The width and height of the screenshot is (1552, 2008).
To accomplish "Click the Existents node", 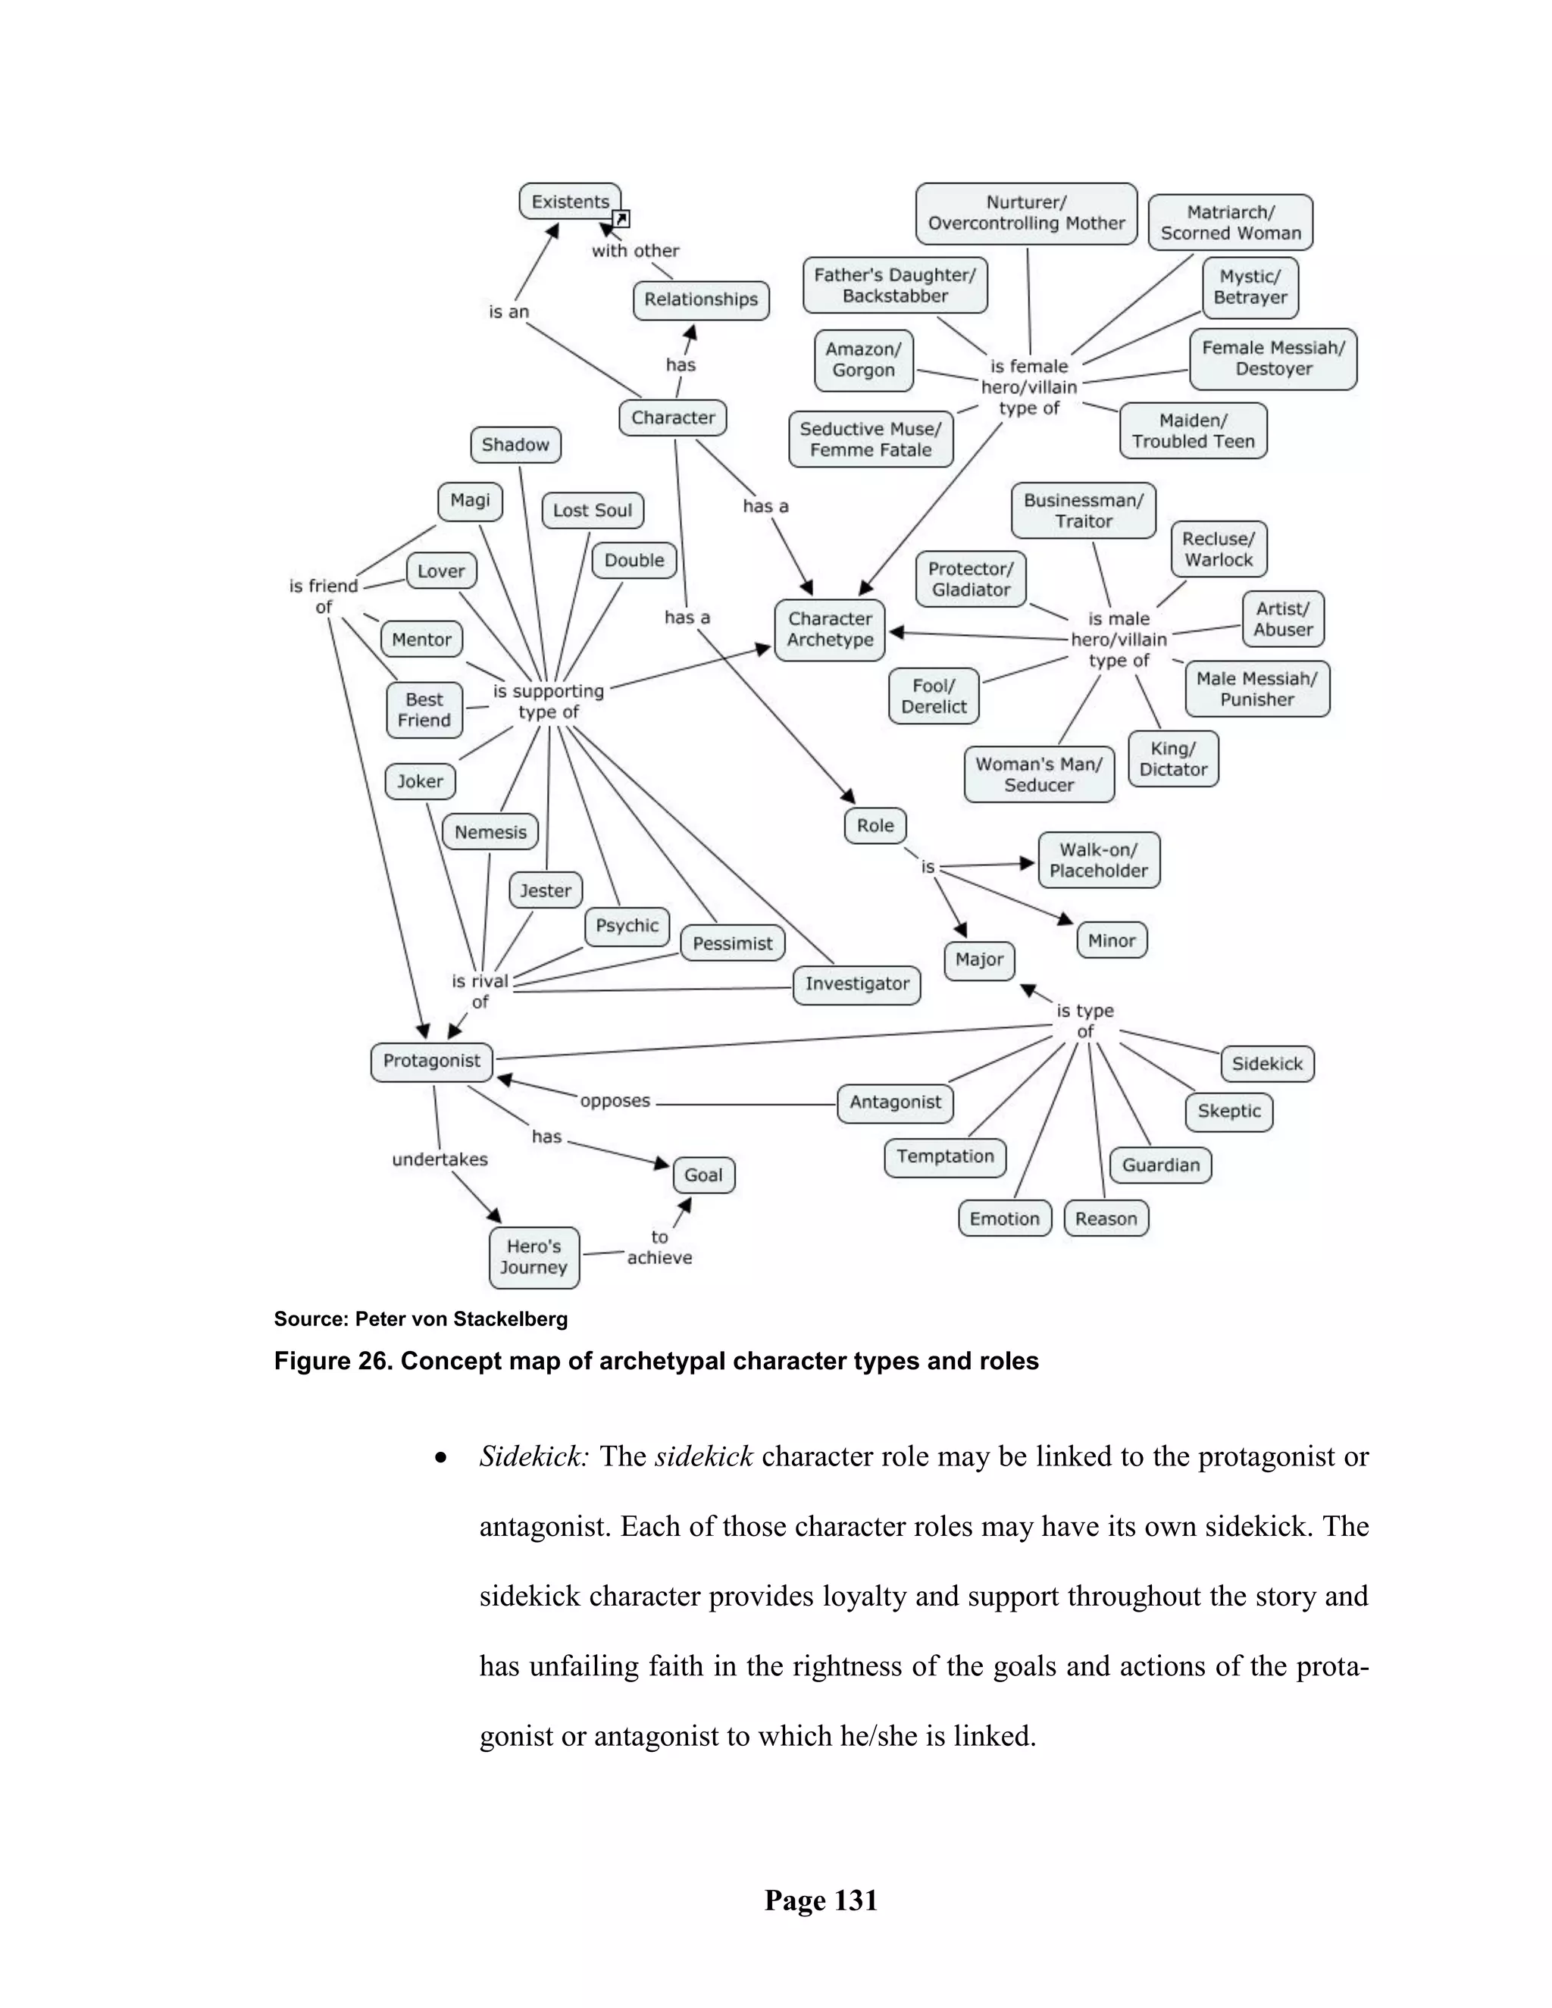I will [570, 202].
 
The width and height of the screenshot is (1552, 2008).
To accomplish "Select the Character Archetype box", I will [831, 630].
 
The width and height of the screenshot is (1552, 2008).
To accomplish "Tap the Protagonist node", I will [431, 1061].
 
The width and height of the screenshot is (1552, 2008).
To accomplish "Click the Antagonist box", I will [895, 1103].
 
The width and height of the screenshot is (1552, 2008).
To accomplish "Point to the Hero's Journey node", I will [534, 1257].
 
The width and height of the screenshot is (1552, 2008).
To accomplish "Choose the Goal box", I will [703, 1175].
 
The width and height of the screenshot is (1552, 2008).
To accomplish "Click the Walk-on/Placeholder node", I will [1099, 861].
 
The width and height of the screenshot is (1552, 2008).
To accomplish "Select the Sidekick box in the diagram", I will [1267, 1064].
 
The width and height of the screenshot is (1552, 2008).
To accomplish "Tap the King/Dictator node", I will [1173, 759].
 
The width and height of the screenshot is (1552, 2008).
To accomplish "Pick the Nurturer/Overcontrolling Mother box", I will [1026, 214].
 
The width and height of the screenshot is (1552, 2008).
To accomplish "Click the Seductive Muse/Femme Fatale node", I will [871, 439].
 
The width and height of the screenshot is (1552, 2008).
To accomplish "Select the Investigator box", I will [857, 984].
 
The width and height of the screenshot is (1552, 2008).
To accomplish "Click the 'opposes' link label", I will [615, 1100].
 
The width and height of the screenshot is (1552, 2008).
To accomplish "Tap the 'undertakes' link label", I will [440, 1159].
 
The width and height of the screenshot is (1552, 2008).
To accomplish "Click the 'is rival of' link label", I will [479, 991].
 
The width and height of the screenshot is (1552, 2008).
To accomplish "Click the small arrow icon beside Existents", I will [621, 219].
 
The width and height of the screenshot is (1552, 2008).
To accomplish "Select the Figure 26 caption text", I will [656, 1362].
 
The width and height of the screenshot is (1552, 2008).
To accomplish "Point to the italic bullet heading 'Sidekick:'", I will [533, 1457].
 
